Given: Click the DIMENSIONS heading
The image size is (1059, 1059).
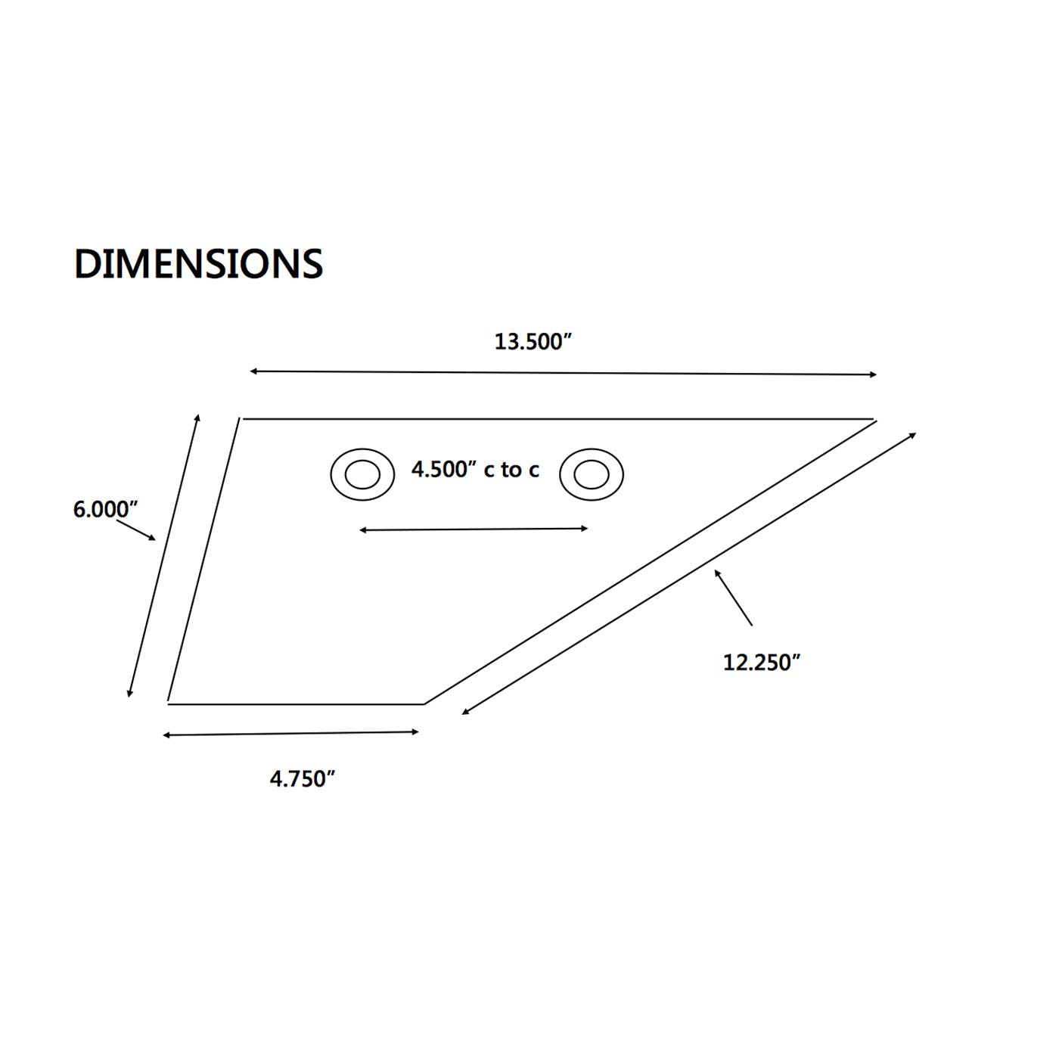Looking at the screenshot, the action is pos(198,264).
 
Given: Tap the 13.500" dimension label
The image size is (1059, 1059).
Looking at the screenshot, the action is pos(533,342).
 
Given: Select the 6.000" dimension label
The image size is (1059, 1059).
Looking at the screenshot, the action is pos(105,509).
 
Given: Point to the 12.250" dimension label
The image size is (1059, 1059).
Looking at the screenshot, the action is pos(762,663).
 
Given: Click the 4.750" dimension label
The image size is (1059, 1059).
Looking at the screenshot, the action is pos(303,778).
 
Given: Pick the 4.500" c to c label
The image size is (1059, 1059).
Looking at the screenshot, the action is pos(475,470).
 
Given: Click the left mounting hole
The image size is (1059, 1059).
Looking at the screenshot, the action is pos(363,474).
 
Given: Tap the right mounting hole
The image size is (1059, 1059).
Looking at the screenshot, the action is pos(592,474).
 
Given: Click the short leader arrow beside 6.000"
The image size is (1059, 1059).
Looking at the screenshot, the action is pos(135,529).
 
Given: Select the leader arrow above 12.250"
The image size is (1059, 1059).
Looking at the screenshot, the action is pos(733,598).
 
